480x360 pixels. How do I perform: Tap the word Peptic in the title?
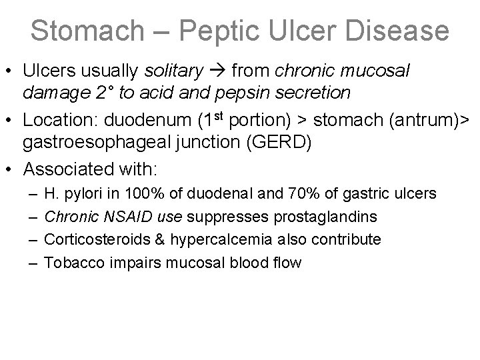pos(231,31)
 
